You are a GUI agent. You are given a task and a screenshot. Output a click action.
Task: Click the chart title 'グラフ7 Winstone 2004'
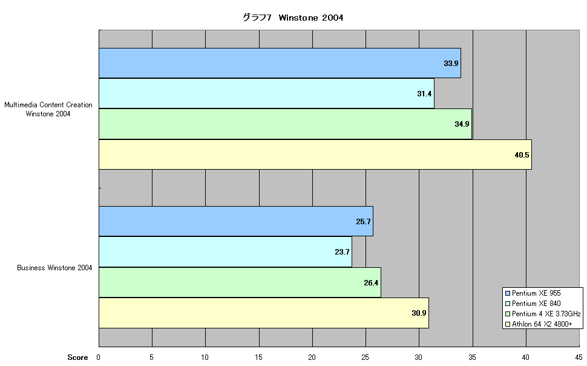click(x=293, y=18)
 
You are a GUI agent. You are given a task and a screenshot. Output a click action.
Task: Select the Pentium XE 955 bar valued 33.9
click(x=280, y=63)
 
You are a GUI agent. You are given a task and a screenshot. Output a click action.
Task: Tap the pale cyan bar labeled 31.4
click(x=266, y=93)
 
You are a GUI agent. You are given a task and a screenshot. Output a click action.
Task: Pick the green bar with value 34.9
click(x=285, y=124)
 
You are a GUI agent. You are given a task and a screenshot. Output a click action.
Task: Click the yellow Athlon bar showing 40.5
click(x=315, y=155)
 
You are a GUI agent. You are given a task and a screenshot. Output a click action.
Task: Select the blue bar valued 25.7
click(x=236, y=221)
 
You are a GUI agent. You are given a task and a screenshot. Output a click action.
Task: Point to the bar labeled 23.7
click(x=225, y=251)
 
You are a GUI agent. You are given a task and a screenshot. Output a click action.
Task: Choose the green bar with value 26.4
click(x=240, y=282)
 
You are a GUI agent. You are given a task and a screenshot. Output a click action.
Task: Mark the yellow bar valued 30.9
click(x=264, y=313)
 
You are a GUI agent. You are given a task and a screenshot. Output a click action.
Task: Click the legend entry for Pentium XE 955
click(x=533, y=293)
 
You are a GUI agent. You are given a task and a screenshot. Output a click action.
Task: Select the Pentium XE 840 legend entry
click(x=533, y=304)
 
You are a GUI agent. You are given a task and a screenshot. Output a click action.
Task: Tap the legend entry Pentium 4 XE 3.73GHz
click(x=543, y=313)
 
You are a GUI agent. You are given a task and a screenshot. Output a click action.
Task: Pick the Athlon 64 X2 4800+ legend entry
click(x=539, y=324)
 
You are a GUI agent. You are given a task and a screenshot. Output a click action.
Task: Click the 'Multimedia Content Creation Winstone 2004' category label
click(x=48, y=109)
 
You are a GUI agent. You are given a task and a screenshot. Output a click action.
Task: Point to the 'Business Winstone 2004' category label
click(x=54, y=268)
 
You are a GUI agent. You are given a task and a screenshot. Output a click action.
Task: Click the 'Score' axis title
click(x=77, y=358)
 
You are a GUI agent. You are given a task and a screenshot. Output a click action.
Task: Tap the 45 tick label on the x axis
click(x=579, y=358)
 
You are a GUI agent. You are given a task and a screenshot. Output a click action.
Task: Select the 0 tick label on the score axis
click(x=98, y=358)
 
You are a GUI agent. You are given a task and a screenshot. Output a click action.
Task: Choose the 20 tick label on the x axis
click(x=312, y=358)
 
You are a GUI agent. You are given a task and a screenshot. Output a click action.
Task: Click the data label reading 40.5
click(x=522, y=155)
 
